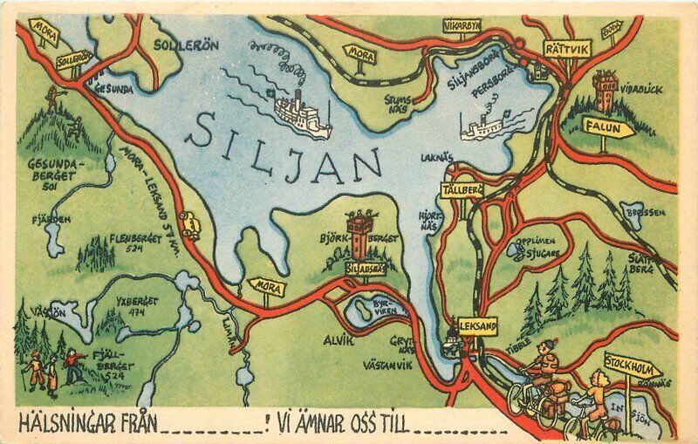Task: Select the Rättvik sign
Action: [566, 49]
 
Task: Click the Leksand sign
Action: [476, 326]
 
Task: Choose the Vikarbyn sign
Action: [461, 26]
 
